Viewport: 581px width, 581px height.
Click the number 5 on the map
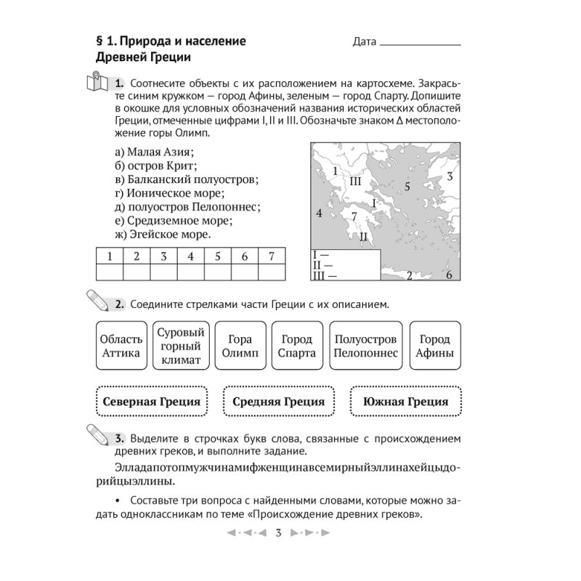pyautogui.click(x=407, y=187)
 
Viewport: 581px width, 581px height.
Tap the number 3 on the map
pyautogui.click(x=450, y=176)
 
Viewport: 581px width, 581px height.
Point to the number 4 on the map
pyautogui.click(x=318, y=213)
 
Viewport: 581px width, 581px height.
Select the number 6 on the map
pyautogui.click(x=449, y=275)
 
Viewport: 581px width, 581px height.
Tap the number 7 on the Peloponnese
pyautogui.click(x=354, y=216)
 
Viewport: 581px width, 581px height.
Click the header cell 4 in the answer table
pyautogui.click(x=190, y=256)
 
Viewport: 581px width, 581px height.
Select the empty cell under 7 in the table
pyautogui.click(x=271, y=272)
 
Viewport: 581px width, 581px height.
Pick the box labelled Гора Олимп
pyautogui.click(x=239, y=346)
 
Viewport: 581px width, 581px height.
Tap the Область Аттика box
pyautogui.click(x=118, y=346)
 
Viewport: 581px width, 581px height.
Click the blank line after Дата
pyautogui.click(x=420, y=43)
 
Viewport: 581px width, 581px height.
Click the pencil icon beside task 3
pyautogui.click(x=95, y=434)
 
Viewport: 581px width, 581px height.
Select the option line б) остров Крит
pyautogui.click(x=156, y=165)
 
